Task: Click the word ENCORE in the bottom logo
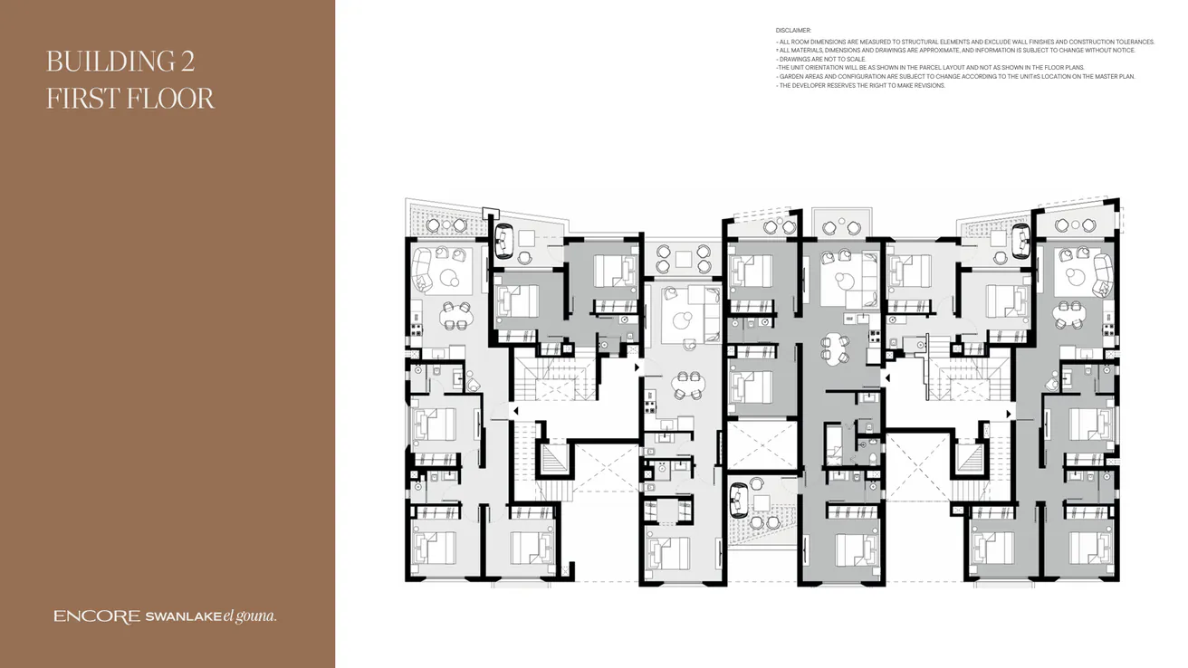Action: [x=97, y=617]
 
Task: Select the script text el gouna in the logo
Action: [x=249, y=616]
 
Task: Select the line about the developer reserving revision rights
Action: [x=861, y=85]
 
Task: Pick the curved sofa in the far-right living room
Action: [x=1103, y=274]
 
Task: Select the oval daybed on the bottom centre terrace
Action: [x=740, y=497]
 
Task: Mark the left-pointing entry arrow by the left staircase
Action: [x=515, y=411]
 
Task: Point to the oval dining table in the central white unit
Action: [x=687, y=384]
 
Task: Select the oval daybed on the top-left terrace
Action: [x=504, y=241]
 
